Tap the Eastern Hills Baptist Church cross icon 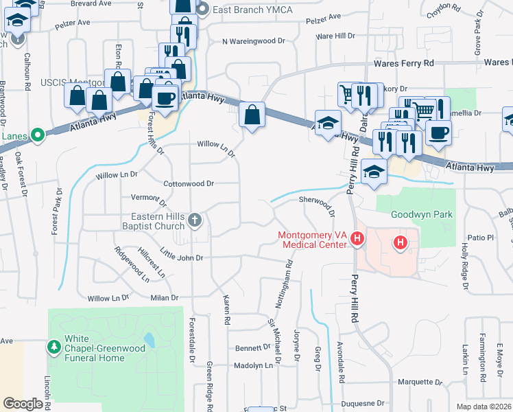pyautogui.click(x=195, y=220)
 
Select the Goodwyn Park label pyautogui.click(x=422, y=214)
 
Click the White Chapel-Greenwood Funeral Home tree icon pyautogui.click(x=54, y=347)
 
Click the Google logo pyautogui.click(x=23, y=404)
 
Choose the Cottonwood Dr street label pyautogui.click(x=189, y=184)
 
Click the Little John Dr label pyautogui.click(x=182, y=257)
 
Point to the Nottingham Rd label pyautogui.click(x=288, y=273)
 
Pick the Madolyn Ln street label pyautogui.click(x=254, y=365)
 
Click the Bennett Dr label pyautogui.click(x=254, y=347)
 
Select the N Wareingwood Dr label pyautogui.click(x=253, y=41)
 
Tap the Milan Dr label pyautogui.click(x=165, y=298)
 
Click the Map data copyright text pyautogui.click(x=485, y=407)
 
